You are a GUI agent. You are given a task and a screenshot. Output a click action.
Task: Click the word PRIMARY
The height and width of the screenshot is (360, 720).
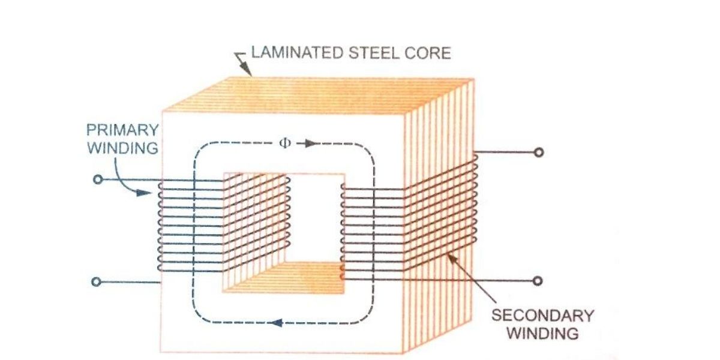[123, 130]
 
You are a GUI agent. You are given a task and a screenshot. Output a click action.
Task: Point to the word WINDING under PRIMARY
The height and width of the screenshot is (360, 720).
[123, 147]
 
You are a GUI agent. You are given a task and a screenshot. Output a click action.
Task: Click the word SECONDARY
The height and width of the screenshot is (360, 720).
[542, 315]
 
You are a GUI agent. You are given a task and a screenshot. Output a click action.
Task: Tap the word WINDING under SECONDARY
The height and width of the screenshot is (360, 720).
[542, 333]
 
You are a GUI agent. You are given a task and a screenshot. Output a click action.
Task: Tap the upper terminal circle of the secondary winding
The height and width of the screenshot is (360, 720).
[538, 152]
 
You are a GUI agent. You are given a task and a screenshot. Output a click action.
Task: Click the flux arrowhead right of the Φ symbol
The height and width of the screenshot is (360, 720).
[308, 144]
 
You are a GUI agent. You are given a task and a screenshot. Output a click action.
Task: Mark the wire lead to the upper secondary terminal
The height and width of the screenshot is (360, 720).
[504, 152]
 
